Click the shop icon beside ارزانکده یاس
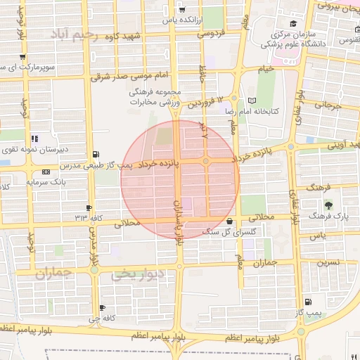tap(183, 10)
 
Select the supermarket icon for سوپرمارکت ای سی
tap(22, 58)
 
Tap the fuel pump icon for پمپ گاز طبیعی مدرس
tap(96, 154)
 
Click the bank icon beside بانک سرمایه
tap(46, 172)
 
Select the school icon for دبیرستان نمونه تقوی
tap(34, 139)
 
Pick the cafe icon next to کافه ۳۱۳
tap(89, 207)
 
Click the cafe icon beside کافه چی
tap(103, 308)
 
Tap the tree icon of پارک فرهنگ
tap(329, 205)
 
